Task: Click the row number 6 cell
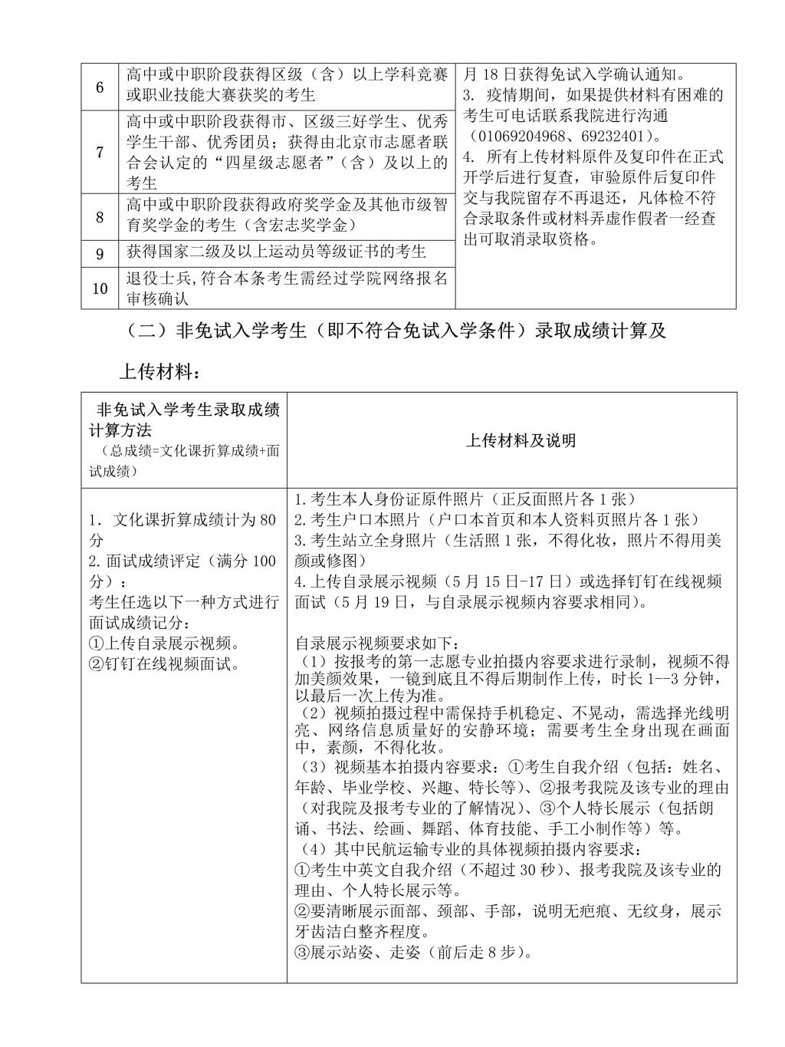click(x=100, y=87)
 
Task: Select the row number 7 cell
click(x=100, y=152)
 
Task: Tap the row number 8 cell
click(x=100, y=217)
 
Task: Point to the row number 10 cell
click(x=100, y=288)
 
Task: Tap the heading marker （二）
click(x=146, y=331)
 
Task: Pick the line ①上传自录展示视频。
click(x=165, y=643)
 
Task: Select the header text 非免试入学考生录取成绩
click(x=187, y=410)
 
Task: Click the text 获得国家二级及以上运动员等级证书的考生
click(x=277, y=252)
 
